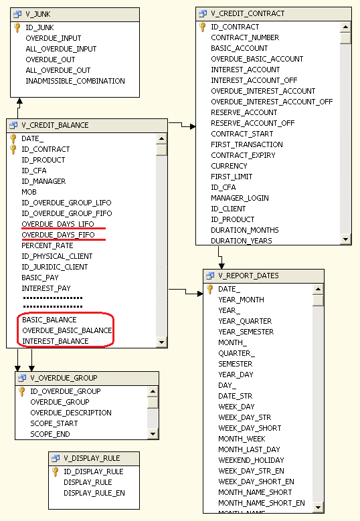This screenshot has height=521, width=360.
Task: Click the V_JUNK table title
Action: [38, 14]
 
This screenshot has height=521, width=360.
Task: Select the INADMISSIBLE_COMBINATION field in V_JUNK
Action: [75, 81]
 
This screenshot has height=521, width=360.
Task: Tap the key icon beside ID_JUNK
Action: [17, 27]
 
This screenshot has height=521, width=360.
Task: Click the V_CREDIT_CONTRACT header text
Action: [248, 13]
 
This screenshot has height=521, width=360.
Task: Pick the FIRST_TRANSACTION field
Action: [247, 144]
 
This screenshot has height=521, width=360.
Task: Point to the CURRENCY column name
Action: [229, 166]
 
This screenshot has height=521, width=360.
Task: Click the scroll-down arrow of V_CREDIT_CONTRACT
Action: [346, 239]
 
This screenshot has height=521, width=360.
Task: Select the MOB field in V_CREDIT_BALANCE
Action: [29, 192]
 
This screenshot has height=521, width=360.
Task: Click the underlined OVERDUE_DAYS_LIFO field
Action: [58, 224]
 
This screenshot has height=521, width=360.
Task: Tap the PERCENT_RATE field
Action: [48, 245]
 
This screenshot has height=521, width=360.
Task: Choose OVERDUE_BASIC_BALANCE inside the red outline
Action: [67, 330]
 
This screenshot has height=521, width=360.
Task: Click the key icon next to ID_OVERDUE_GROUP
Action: [21, 391]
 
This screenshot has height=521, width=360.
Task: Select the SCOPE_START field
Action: [54, 423]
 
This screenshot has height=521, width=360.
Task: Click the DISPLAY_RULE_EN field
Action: [94, 493]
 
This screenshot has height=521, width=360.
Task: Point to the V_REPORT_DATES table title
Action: [248, 276]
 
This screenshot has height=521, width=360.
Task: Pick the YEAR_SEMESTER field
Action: [246, 332]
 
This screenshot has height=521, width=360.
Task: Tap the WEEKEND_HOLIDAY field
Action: [251, 460]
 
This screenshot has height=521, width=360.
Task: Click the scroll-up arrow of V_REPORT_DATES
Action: [318, 290]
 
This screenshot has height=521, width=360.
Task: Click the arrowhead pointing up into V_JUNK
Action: [19, 101]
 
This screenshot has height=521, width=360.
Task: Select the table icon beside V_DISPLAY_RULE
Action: [56, 459]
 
